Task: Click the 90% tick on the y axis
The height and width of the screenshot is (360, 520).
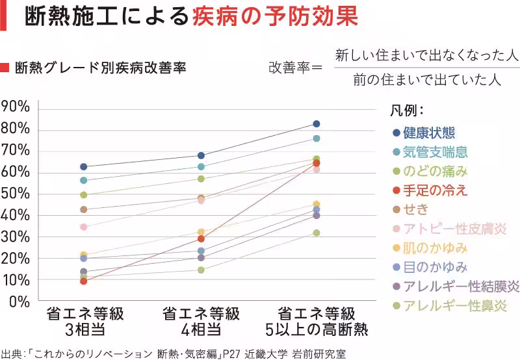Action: (x=15, y=107)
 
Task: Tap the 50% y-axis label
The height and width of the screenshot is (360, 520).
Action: (x=15, y=194)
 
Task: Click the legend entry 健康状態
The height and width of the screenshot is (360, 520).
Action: (x=428, y=133)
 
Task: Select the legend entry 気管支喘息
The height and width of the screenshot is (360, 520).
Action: (x=435, y=153)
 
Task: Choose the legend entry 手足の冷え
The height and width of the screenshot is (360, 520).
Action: (x=435, y=190)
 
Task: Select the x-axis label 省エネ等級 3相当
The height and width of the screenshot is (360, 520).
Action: (x=84, y=321)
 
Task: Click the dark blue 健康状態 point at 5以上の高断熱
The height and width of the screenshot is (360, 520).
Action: (x=317, y=123)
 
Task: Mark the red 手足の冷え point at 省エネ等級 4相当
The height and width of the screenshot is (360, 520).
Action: (x=201, y=239)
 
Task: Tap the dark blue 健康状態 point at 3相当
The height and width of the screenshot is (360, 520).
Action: (x=83, y=167)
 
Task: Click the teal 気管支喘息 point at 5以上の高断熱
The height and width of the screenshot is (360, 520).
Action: (x=317, y=138)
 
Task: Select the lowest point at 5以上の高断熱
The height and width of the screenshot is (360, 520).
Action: (x=317, y=233)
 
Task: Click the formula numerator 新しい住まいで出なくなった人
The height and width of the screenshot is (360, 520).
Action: (x=426, y=56)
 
